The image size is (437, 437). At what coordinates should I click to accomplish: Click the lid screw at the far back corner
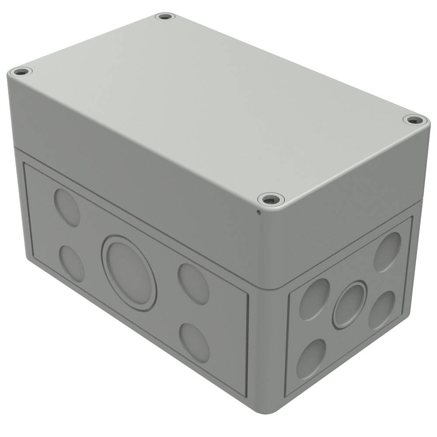(x=165, y=17)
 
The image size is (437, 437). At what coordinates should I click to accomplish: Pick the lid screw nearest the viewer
(x=271, y=200)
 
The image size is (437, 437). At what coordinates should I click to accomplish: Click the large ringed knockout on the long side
(x=129, y=273)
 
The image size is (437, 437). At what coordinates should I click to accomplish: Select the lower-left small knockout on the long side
(x=71, y=263)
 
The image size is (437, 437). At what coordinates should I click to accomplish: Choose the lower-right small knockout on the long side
(x=194, y=342)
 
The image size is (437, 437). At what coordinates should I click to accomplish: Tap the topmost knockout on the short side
(x=387, y=252)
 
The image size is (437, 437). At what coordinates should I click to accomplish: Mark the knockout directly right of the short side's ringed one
(x=382, y=310)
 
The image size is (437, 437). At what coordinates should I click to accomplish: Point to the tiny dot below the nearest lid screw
(x=258, y=213)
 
